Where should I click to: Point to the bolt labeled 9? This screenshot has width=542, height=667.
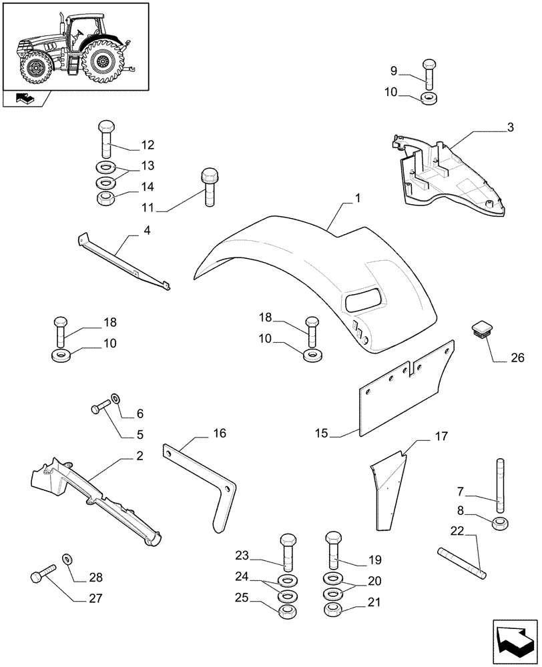click(428, 74)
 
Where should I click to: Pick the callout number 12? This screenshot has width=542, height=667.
click(147, 145)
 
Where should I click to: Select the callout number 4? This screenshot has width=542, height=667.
click(146, 231)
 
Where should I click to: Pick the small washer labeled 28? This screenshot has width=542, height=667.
click(67, 558)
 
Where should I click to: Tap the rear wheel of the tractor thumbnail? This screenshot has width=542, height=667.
click(103, 63)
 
